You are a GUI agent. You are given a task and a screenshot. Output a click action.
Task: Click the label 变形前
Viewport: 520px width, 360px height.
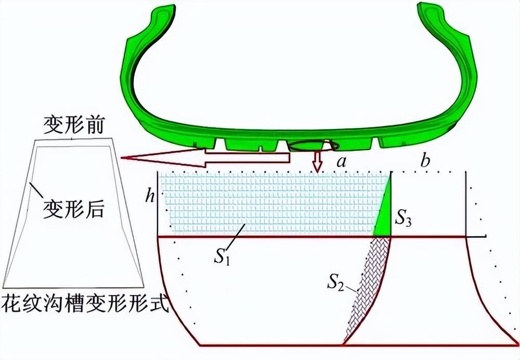click(x=74, y=125)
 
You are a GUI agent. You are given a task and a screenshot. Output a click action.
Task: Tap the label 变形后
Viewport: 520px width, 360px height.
click(x=74, y=209)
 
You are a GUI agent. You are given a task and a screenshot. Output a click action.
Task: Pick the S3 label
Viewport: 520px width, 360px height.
click(x=404, y=218)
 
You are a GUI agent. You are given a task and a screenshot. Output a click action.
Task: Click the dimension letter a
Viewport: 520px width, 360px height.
click(x=341, y=162)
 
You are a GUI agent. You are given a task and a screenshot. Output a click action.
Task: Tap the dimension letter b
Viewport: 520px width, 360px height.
click(x=425, y=161)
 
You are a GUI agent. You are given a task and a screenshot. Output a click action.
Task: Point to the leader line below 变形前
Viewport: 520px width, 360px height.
click(x=72, y=137)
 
